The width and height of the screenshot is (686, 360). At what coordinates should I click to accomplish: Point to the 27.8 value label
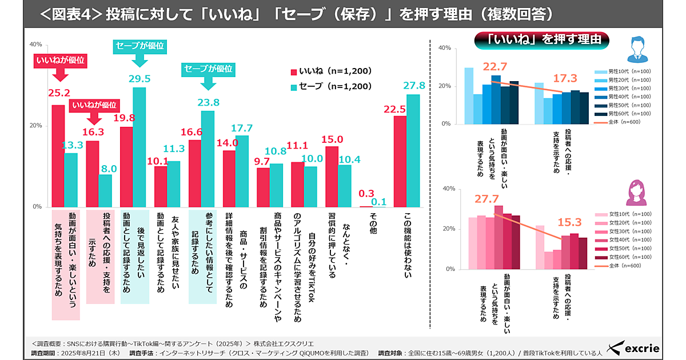[414, 85]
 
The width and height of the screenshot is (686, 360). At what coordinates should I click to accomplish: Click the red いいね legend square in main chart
[294, 71]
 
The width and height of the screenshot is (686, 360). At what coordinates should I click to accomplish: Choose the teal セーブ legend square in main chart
[294, 87]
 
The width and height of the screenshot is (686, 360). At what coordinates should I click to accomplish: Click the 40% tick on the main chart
[35, 45]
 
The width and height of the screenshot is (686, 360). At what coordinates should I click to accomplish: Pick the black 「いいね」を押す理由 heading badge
[542, 39]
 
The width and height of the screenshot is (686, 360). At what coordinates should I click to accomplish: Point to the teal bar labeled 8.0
[105, 190]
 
